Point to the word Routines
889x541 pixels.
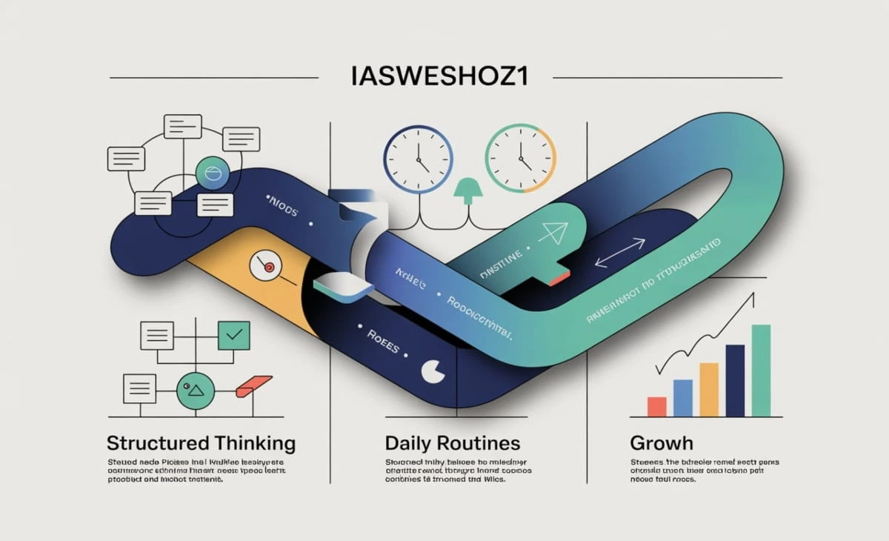[x=479, y=444]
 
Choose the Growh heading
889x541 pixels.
[x=662, y=444]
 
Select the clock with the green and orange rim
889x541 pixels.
[x=520, y=159]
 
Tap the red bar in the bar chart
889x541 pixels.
[x=656, y=407]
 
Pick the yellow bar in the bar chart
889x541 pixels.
[x=709, y=390]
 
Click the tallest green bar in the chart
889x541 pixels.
[x=761, y=371]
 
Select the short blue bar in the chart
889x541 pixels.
[x=682, y=398]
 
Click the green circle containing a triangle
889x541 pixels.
[x=195, y=388]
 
